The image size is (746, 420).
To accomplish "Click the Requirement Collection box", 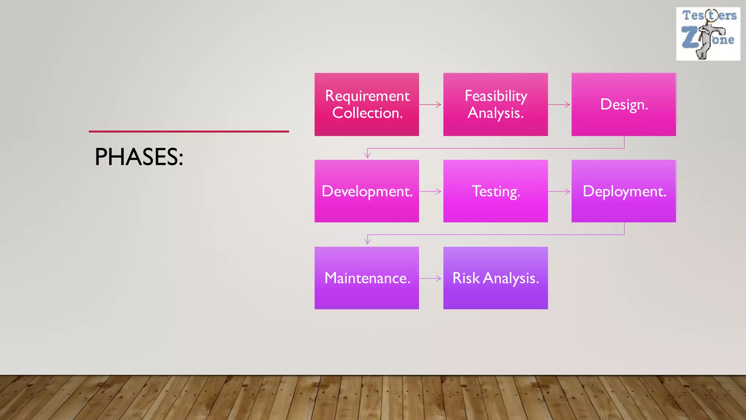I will [366, 104].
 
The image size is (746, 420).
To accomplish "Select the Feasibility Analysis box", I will [495, 104].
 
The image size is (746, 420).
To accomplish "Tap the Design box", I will [624, 104].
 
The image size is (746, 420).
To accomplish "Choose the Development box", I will [366, 191].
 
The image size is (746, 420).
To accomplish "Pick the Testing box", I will [495, 191].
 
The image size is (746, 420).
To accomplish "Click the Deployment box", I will [624, 191].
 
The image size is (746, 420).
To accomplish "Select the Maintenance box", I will [366, 278].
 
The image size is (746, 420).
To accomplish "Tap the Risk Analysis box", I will [495, 278].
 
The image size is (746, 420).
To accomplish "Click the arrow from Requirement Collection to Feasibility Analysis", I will [431, 105].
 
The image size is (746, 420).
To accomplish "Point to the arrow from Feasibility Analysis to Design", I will [559, 105].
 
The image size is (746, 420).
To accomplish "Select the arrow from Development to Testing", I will [431, 191].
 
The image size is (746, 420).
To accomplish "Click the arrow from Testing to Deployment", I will [559, 191].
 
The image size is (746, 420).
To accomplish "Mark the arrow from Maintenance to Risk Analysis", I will [431, 279].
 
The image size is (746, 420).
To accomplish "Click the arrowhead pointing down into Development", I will [368, 155].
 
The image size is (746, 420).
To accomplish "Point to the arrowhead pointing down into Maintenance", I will [368, 241].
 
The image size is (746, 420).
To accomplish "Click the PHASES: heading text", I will [139, 157].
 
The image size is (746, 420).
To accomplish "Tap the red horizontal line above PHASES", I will [189, 132].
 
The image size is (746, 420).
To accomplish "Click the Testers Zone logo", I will [708, 34].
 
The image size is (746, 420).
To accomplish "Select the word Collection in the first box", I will [367, 113].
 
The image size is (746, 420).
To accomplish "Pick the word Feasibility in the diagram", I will [496, 96].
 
